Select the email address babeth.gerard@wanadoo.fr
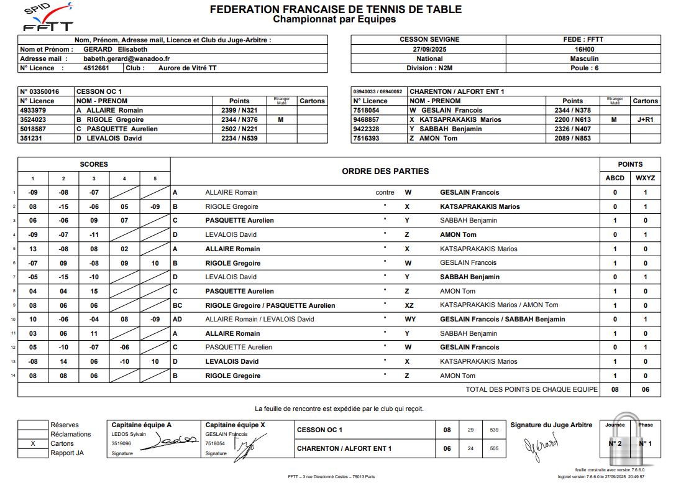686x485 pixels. pyautogui.click(x=127, y=58)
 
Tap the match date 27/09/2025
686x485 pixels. pyautogui.click(x=429, y=49)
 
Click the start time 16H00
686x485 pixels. pyautogui.click(x=584, y=49)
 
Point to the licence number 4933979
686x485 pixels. pyautogui.click(x=38, y=110)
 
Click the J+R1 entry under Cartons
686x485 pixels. pyautogui.click(x=645, y=119)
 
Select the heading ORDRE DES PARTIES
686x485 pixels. pyautogui.click(x=385, y=171)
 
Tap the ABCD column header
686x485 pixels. pyautogui.click(x=615, y=178)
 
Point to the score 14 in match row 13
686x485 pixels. pyautogui.click(x=63, y=361)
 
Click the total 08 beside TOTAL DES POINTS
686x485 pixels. pyautogui.click(x=615, y=389)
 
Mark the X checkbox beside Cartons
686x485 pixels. pyautogui.click(x=33, y=443)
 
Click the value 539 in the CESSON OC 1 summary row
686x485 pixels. pyautogui.click(x=494, y=430)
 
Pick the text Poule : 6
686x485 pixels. pyautogui.click(x=584, y=68)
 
